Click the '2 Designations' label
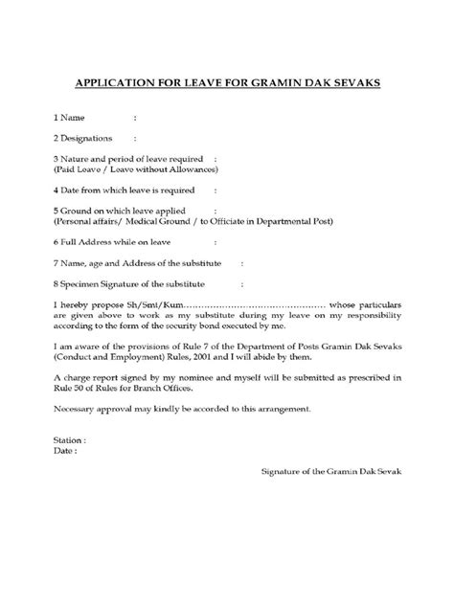[x=84, y=138]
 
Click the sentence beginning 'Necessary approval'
[x=181, y=409]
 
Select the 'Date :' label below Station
[x=65, y=450]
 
